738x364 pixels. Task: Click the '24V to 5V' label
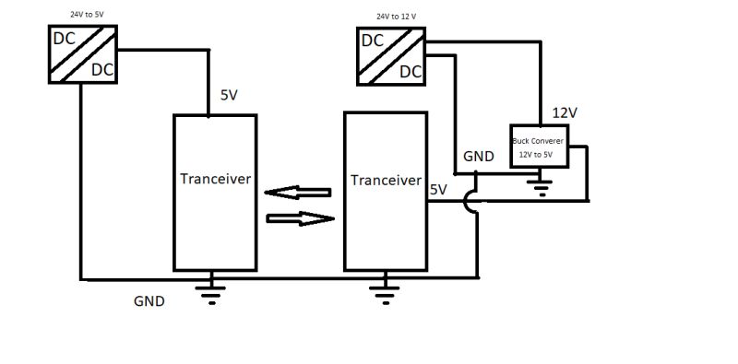point(87,16)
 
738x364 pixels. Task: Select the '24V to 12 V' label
point(396,17)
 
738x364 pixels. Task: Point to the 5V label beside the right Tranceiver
point(438,190)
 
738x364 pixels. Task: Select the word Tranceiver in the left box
point(215,179)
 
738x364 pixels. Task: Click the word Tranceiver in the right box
point(386,180)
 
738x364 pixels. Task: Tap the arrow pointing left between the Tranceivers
point(297,194)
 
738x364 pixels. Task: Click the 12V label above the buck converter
point(564,112)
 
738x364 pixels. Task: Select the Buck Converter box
point(541,147)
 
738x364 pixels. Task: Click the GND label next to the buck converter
point(479,157)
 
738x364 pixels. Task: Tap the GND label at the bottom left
point(149,300)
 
